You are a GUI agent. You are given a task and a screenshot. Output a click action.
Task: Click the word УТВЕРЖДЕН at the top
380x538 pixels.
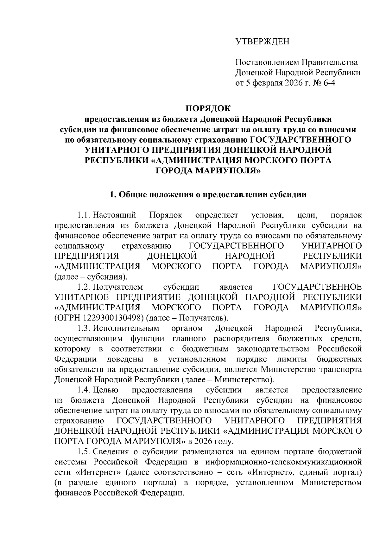[262, 42]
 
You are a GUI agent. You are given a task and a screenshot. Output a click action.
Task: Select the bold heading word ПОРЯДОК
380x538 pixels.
[208, 108]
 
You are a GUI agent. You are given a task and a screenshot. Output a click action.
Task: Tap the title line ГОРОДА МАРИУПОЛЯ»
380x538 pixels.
[208, 171]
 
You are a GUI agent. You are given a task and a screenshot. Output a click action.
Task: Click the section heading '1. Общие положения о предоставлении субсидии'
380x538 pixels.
[208, 194]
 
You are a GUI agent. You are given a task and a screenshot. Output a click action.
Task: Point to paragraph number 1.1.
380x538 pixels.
[84, 215]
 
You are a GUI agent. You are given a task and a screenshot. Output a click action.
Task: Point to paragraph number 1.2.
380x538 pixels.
[84, 287]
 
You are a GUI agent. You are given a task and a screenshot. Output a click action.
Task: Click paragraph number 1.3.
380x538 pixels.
[84, 328]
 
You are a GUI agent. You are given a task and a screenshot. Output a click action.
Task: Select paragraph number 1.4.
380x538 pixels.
[84, 390]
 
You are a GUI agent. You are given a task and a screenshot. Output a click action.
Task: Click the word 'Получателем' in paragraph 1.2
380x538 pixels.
[118, 287]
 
